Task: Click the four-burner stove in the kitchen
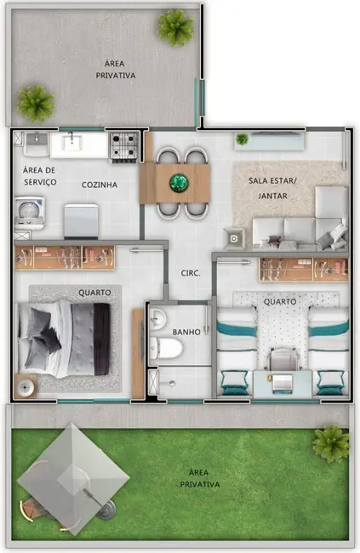[x=123, y=145]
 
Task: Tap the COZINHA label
[x=100, y=185]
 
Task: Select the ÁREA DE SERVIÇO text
[x=39, y=176]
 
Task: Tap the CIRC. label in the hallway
[x=190, y=273]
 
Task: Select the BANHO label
[x=186, y=332]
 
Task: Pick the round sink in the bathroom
[x=157, y=319]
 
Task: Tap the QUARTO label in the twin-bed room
[x=279, y=302]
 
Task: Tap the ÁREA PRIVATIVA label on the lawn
[x=200, y=478]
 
